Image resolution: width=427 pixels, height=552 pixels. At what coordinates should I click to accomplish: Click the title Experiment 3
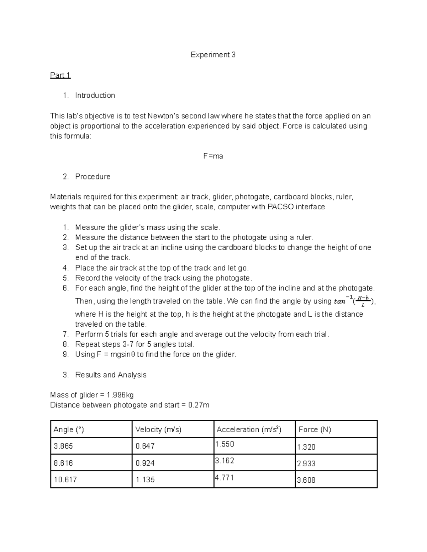point(213,55)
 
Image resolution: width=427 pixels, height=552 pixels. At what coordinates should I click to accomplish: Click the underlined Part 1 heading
point(60,75)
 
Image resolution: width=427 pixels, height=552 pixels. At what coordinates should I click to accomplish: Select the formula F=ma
point(213,156)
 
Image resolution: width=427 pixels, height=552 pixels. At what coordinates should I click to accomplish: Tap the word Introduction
point(95,95)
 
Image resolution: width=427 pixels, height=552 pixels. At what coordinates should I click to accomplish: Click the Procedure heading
point(93,177)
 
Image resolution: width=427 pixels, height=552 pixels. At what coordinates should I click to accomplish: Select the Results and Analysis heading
point(111,375)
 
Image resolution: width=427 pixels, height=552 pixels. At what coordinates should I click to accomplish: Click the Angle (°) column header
point(69,429)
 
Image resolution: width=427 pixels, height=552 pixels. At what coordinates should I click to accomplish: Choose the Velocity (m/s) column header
point(158,429)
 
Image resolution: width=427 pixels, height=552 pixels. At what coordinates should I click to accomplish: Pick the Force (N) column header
point(315,429)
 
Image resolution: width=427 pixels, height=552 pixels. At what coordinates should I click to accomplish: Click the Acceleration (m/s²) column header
point(249,429)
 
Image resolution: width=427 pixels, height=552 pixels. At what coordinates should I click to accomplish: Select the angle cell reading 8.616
point(63,463)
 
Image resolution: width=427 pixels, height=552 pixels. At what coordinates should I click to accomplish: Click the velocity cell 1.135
point(145,479)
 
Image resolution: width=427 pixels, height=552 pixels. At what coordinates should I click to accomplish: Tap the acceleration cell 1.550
point(225,444)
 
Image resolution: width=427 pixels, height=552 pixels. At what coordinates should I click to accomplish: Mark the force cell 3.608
point(306,480)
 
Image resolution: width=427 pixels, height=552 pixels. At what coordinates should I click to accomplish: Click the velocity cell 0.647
point(145,446)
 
